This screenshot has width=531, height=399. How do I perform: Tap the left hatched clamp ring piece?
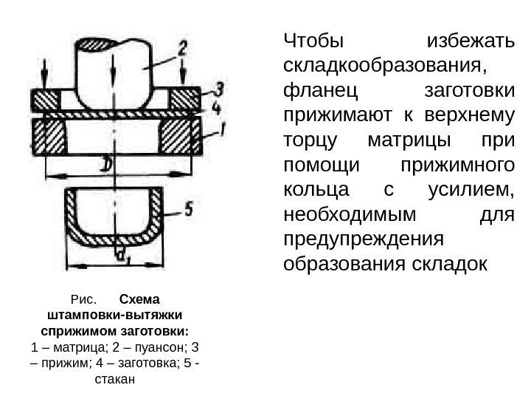pos(46,99)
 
